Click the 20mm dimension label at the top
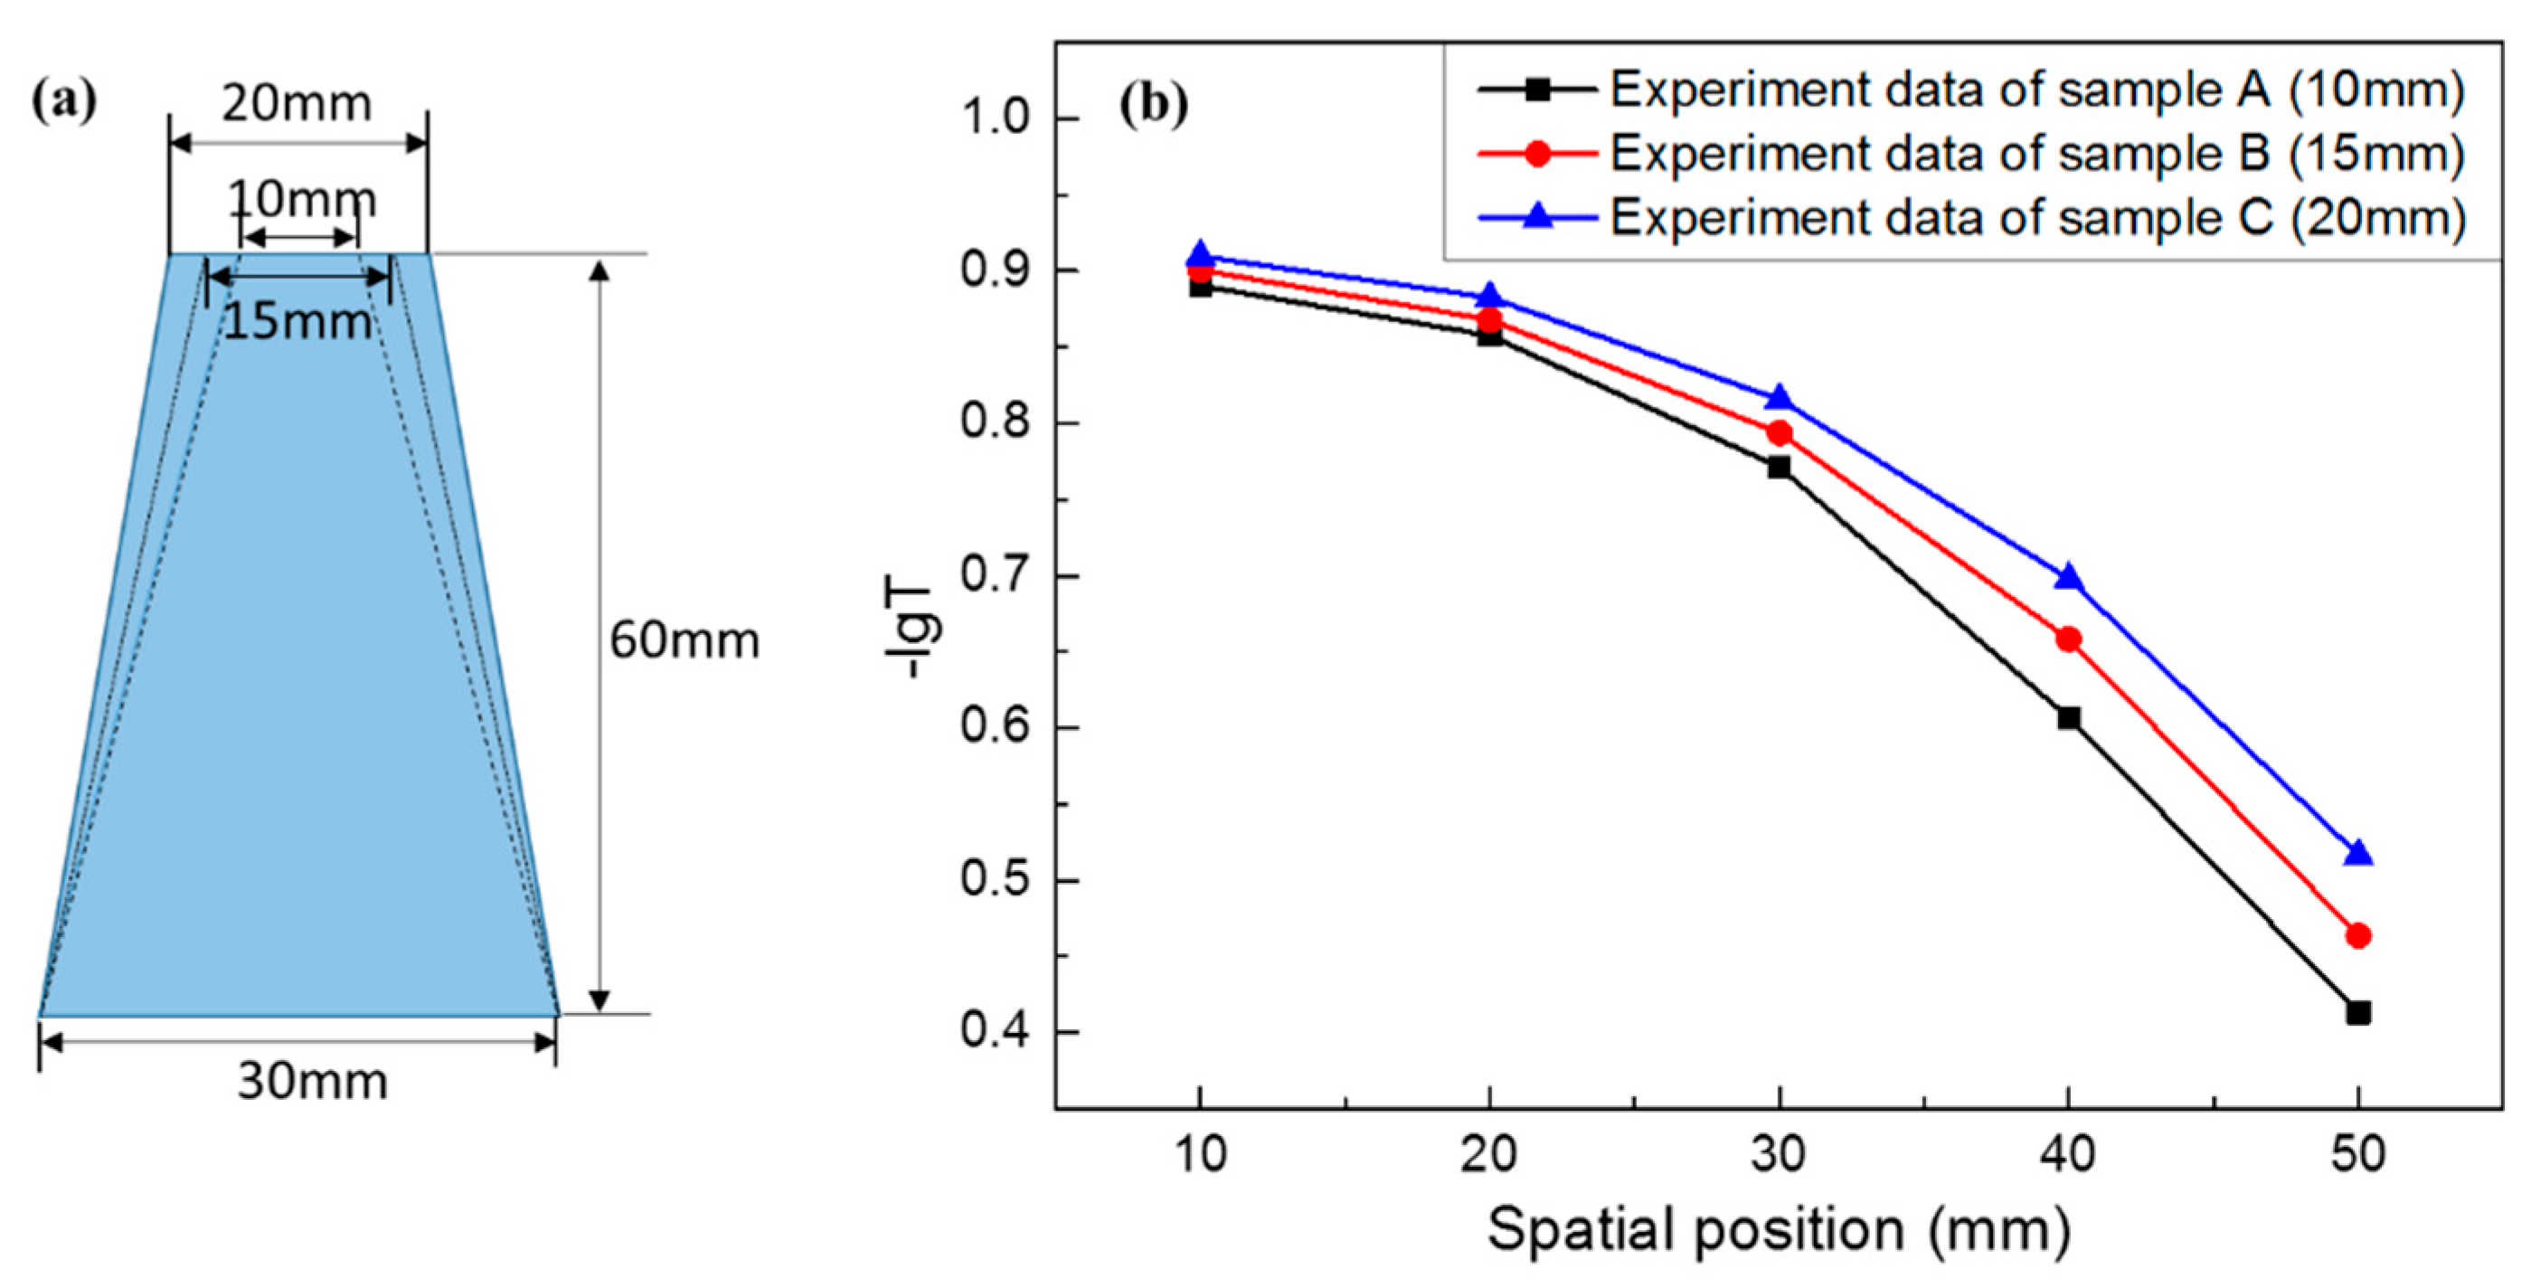[296, 104]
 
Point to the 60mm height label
[684, 640]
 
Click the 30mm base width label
[313, 1082]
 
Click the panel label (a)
[65, 100]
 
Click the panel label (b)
[1154, 104]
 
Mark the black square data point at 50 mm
[2358, 1012]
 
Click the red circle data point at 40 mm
[2068, 639]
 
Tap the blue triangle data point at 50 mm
[2358, 854]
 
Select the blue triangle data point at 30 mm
[1780, 398]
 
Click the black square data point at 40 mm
[2068, 718]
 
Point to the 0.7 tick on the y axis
[994, 576]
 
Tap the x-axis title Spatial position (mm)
[1779, 1229]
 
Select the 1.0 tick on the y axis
[994, 118]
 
